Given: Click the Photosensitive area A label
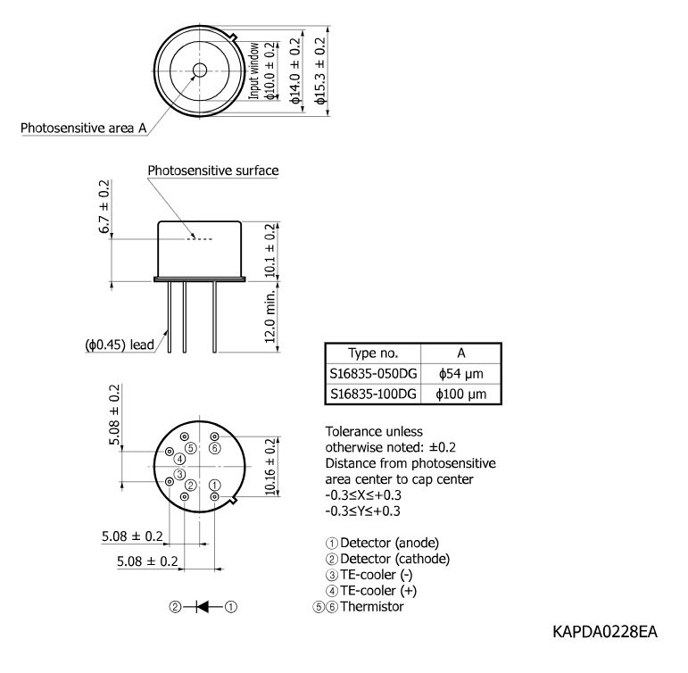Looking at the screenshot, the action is click(x=83, y=129).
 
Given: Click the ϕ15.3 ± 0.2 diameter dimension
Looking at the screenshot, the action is click(x=320, y=71).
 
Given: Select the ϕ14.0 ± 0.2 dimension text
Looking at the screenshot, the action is click(x=295, y=71).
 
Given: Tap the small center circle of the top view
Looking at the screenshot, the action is click(x=200, y=70).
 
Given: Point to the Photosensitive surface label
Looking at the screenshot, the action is click(x=213, y=170).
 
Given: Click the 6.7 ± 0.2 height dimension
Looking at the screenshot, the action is click(x=104, y=207).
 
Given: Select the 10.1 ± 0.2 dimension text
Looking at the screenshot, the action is click(x=270, y=250).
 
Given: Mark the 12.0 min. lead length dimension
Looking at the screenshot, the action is click(x=270, y=317).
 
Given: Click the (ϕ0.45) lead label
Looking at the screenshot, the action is click(x=120, y=345).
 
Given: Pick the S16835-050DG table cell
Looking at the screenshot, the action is click(x=373, y=374).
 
